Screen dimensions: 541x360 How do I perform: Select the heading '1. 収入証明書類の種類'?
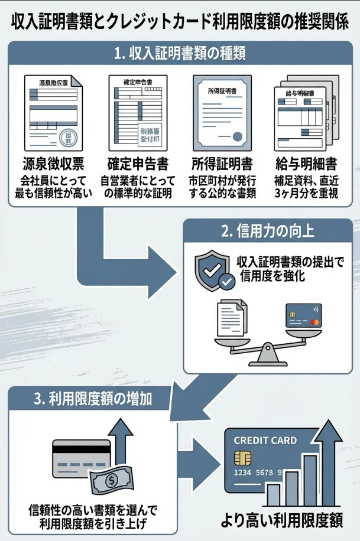[x=180, y=54]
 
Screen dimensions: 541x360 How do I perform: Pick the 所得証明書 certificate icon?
[x=222, y=113]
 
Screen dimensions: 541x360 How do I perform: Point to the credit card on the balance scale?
[x=303, y=317]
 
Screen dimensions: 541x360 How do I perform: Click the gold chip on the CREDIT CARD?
[x=241, y=458]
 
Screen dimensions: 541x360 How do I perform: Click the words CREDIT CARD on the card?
[x=265, y=441]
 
